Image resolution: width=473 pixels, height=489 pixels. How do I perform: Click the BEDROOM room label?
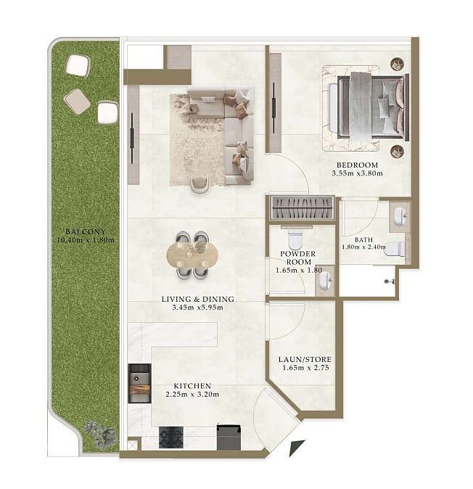coord(357,165)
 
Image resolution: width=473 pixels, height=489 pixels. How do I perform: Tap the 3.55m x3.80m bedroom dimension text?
coord(357,173)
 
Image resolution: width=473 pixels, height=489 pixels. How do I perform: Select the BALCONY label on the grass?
coord(86,231)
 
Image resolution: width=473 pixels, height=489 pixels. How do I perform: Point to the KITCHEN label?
coord(192,386)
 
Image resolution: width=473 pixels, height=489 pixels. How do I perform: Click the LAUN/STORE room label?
coord(305,360)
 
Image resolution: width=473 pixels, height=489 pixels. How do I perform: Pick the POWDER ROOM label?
coord(298,258)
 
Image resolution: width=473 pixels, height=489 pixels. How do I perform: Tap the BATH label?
coord(364,240)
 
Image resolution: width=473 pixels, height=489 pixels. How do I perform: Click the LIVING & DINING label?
coord(197,299)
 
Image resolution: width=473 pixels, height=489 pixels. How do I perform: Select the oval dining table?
coord(192,255)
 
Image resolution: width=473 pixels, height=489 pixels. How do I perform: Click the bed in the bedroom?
coord(373,107)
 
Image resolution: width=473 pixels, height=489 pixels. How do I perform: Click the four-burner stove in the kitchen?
coord(171,437)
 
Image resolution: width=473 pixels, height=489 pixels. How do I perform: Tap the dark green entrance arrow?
coord(297,448)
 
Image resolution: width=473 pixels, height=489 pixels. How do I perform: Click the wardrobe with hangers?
coord(302,207)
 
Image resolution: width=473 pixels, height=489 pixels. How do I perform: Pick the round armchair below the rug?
coord(200,184)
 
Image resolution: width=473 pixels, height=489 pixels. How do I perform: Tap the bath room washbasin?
coord(400,216)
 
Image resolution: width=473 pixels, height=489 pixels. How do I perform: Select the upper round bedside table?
coord(398,64)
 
